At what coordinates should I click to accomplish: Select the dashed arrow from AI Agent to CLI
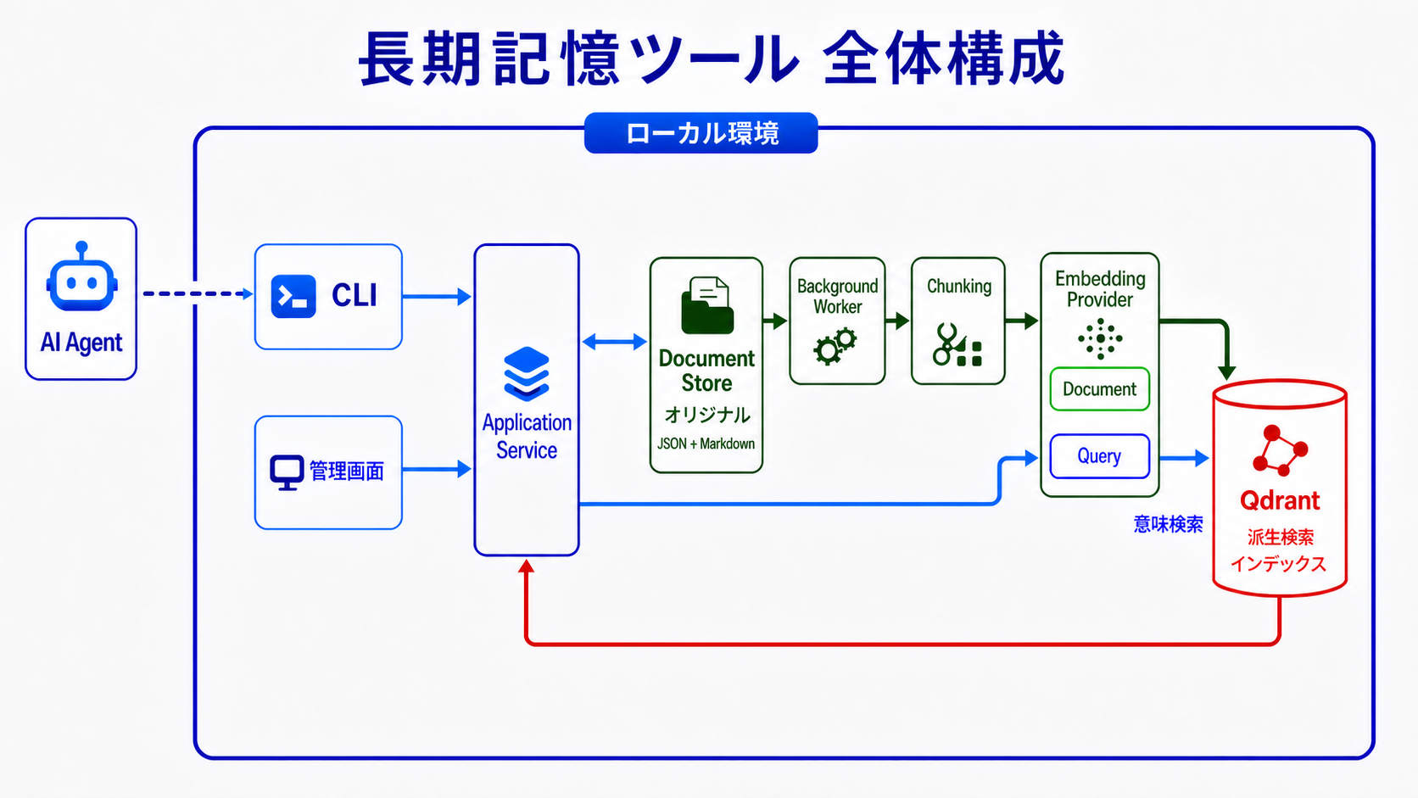[198, 293]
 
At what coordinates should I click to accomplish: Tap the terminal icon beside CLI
[293, 296]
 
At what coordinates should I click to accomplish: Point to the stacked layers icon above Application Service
[526, 373]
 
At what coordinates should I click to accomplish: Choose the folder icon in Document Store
[707, 305]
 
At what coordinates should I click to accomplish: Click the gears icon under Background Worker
[835, 346]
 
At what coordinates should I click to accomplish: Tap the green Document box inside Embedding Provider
[1100, 389]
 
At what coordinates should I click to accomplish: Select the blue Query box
[1100, 456]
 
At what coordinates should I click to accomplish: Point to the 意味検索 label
[1168, 524]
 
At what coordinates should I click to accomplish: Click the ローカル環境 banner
[701, 133]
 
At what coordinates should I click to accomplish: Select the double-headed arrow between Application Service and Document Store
[614, 343]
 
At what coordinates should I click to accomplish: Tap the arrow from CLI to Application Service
[437, 296]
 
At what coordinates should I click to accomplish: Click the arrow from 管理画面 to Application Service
[437, 469]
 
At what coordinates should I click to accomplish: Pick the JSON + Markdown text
[706, 444]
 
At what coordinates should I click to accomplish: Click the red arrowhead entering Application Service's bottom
[526, 566]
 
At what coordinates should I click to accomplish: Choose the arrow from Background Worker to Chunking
[897, 321]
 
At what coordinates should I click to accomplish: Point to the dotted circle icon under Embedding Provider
[1100, 338]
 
